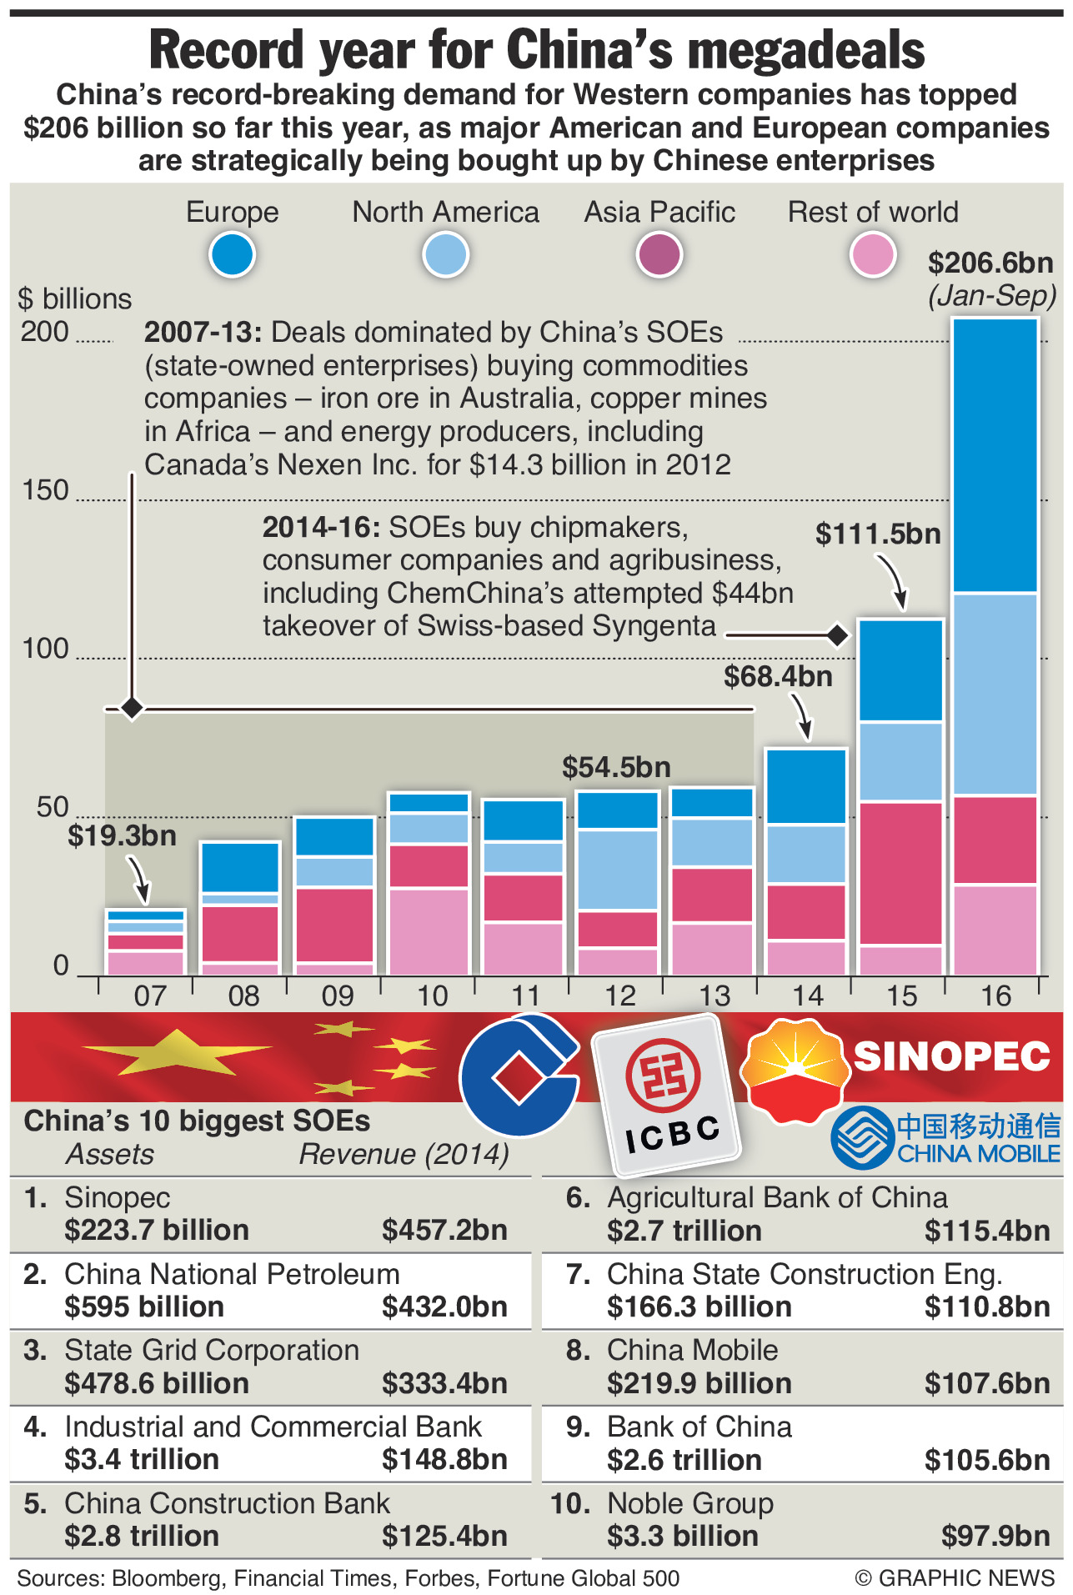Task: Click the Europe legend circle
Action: (232, 254)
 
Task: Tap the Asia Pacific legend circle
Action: (659, 254)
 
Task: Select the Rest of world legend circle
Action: (872, 254)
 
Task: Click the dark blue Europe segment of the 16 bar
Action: (995, 454)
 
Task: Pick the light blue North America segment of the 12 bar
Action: (618, 869)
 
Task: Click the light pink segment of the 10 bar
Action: (429, 931)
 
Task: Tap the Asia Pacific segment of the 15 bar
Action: (900, 873)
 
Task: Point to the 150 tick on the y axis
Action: (45, 490)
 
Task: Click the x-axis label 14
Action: (807, 996)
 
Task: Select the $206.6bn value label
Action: (990, 263)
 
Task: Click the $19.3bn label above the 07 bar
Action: (122, 835)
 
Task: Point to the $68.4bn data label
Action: (778, 676)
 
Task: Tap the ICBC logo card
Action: (667, 1094)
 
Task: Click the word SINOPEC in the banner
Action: (951, 1056)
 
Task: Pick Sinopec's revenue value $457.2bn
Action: (444, 1230)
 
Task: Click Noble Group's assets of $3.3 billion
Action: (683, 1536)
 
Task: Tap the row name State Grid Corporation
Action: (212, 1350)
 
